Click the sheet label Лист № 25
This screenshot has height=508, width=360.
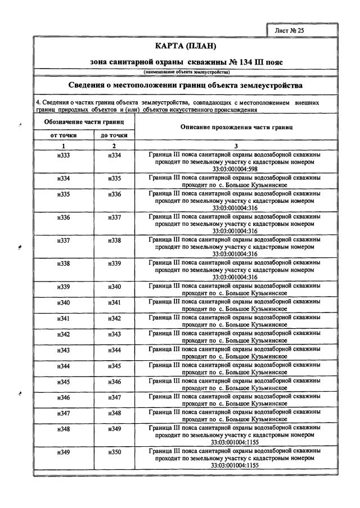click(289, 30)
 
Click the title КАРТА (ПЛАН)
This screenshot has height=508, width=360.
click(185, 46)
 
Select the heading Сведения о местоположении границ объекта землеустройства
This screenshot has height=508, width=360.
click(185, 85)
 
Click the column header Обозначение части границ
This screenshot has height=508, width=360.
click(83, 122)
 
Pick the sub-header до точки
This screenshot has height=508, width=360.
click(114, 135)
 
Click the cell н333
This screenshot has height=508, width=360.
click(64, 155)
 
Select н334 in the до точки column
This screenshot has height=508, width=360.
click(114, 155)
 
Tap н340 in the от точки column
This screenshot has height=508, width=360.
click(64, 302)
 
